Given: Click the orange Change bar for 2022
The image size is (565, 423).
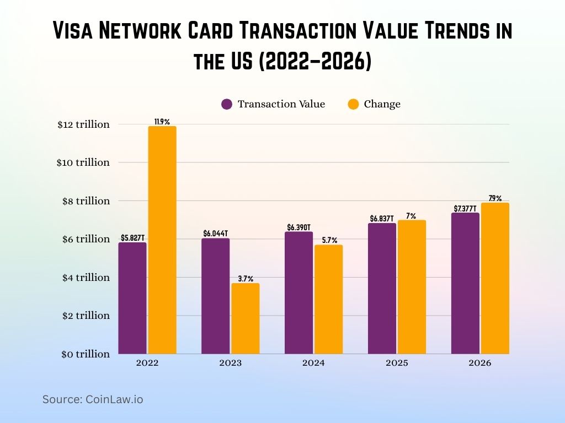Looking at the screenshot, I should pos(162,240).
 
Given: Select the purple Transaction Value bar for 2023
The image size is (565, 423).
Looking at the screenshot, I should pos(215,296).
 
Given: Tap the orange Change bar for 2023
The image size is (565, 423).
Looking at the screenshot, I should pos(246,318).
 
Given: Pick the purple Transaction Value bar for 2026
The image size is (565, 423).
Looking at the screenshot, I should pos(465,283).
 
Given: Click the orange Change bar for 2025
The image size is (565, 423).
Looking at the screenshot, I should pos(412,287).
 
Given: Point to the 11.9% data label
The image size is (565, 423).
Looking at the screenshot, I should pos(162,122).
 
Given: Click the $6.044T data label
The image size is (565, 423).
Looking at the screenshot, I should pos(215,234).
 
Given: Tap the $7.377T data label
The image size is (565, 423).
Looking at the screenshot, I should pos(465,208).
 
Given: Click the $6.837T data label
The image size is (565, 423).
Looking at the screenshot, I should pos(382,219).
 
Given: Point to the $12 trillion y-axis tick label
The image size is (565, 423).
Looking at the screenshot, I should pos(83,124).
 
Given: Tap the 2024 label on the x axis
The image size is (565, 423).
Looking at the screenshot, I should pos(313,364).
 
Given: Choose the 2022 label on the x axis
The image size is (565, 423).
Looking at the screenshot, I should pos(147,364).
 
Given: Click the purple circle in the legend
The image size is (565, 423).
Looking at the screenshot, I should pos(227,104).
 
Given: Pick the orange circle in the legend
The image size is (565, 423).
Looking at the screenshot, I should pos(353,104).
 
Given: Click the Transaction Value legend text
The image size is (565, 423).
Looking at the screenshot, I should pos(281,104).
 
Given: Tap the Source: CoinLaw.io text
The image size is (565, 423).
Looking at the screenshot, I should pos(93,399).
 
